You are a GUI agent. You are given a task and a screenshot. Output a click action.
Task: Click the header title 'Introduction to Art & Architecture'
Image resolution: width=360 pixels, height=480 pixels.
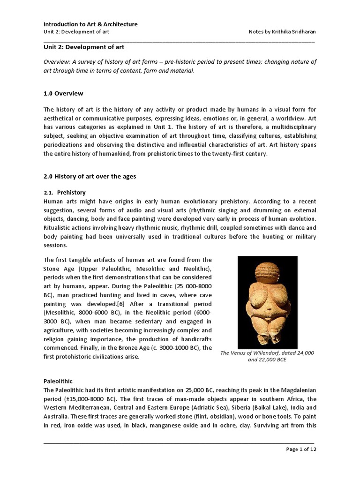click(90, 24)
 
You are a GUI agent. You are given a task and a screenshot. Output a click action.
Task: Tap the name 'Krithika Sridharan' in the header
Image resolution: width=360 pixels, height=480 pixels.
click(293, 31)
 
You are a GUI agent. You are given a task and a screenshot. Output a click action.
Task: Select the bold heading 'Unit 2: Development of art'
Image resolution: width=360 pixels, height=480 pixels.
click(84, 47)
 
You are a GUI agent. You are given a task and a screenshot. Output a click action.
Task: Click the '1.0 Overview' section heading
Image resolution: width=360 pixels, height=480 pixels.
click(63, 93)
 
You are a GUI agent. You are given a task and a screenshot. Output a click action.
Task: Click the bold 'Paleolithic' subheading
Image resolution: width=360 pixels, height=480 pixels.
click(58, 382)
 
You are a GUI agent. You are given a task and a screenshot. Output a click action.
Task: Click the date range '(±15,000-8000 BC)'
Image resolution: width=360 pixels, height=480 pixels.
click(90, 399)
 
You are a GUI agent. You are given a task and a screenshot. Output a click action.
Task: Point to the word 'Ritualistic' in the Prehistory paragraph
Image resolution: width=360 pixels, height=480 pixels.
click(57, 228)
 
